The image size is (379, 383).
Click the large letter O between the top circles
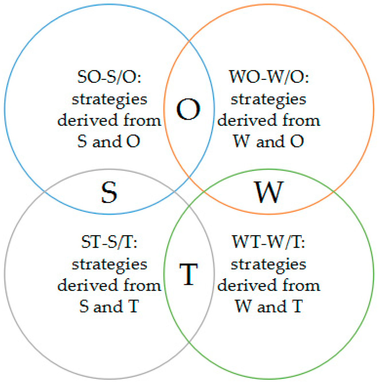188,109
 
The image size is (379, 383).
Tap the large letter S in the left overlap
109,192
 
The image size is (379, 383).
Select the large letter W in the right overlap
269,192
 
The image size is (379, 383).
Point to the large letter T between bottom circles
188,274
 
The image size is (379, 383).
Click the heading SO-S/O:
109,77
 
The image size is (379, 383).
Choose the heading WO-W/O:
269,77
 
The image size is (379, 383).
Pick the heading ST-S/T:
109,242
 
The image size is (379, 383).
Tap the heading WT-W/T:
269,242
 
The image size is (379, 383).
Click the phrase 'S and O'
109,141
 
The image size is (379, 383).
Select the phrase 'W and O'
269,141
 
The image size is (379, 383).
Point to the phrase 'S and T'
109,306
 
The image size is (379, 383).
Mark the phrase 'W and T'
269,306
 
